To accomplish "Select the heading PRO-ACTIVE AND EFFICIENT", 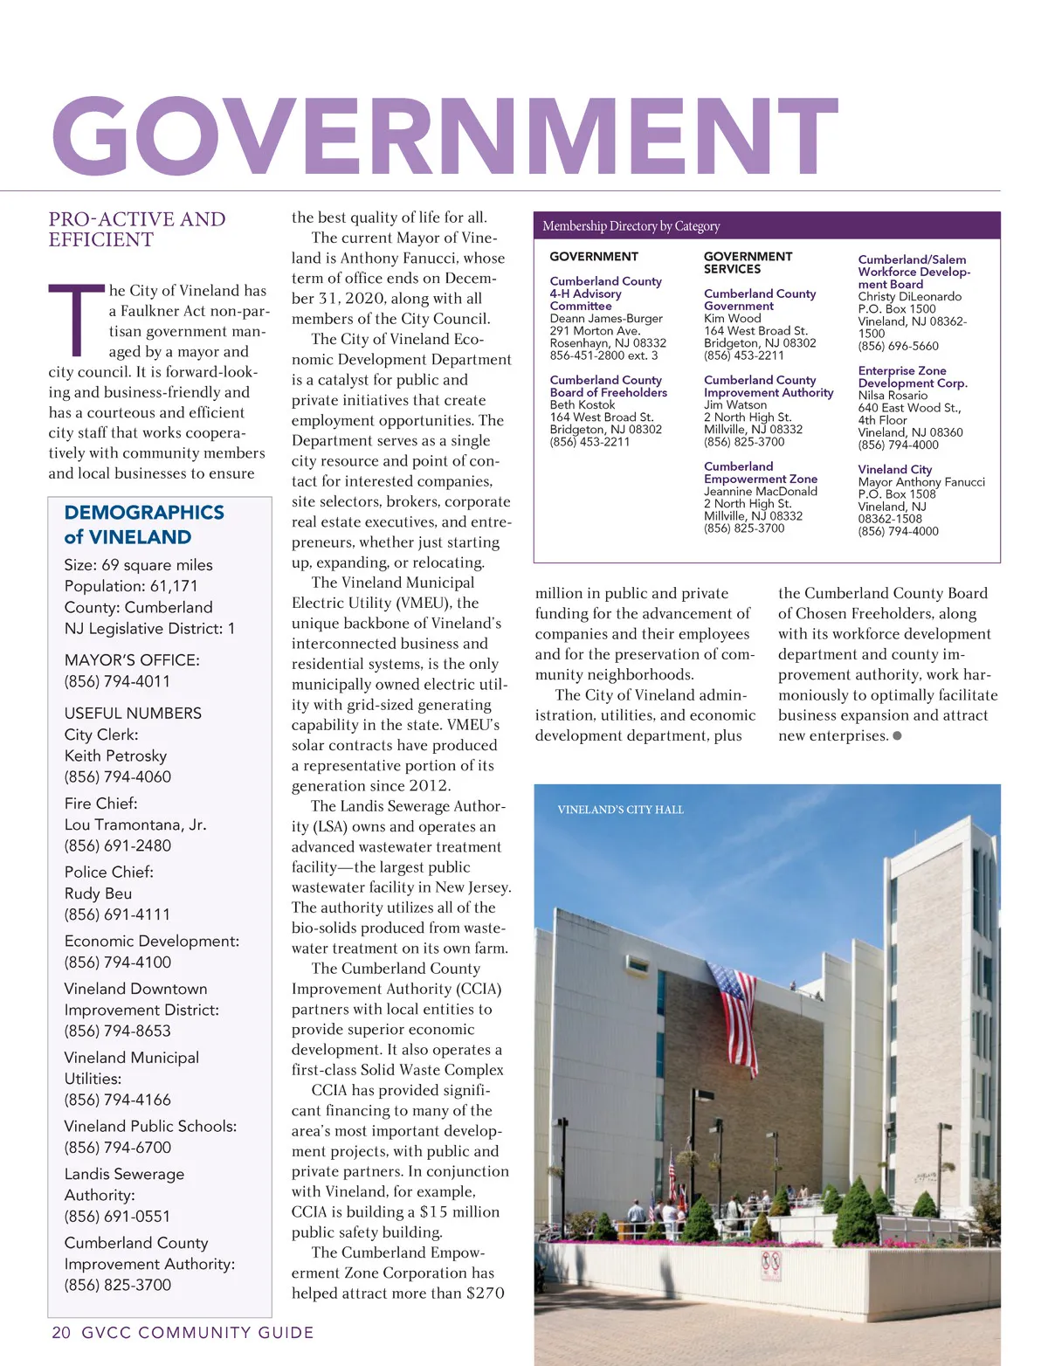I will (x=136, y=230).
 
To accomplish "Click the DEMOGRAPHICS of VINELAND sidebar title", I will (x=144, y=524).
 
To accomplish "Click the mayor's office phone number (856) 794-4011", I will (x=117, y=681).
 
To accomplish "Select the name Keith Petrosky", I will (x=115, y=755).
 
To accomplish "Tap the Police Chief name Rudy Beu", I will (x=98, y=893).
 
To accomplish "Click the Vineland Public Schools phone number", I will (x=117, y=1148).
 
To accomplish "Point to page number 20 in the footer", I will (x=61, y=1333).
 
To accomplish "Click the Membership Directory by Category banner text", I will (x=631, y=226).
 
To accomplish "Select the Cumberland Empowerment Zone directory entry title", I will (x=760, y=473).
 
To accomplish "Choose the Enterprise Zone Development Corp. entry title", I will (x=912, y=377).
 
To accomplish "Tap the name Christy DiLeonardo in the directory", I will (x=909, y=297).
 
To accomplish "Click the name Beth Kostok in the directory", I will (x=582, y=405).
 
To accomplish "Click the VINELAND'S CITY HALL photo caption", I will (x=620, y=810).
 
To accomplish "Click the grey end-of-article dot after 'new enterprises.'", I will (x=897, y=735).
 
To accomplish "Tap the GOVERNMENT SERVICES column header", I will (x=748, y=263).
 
